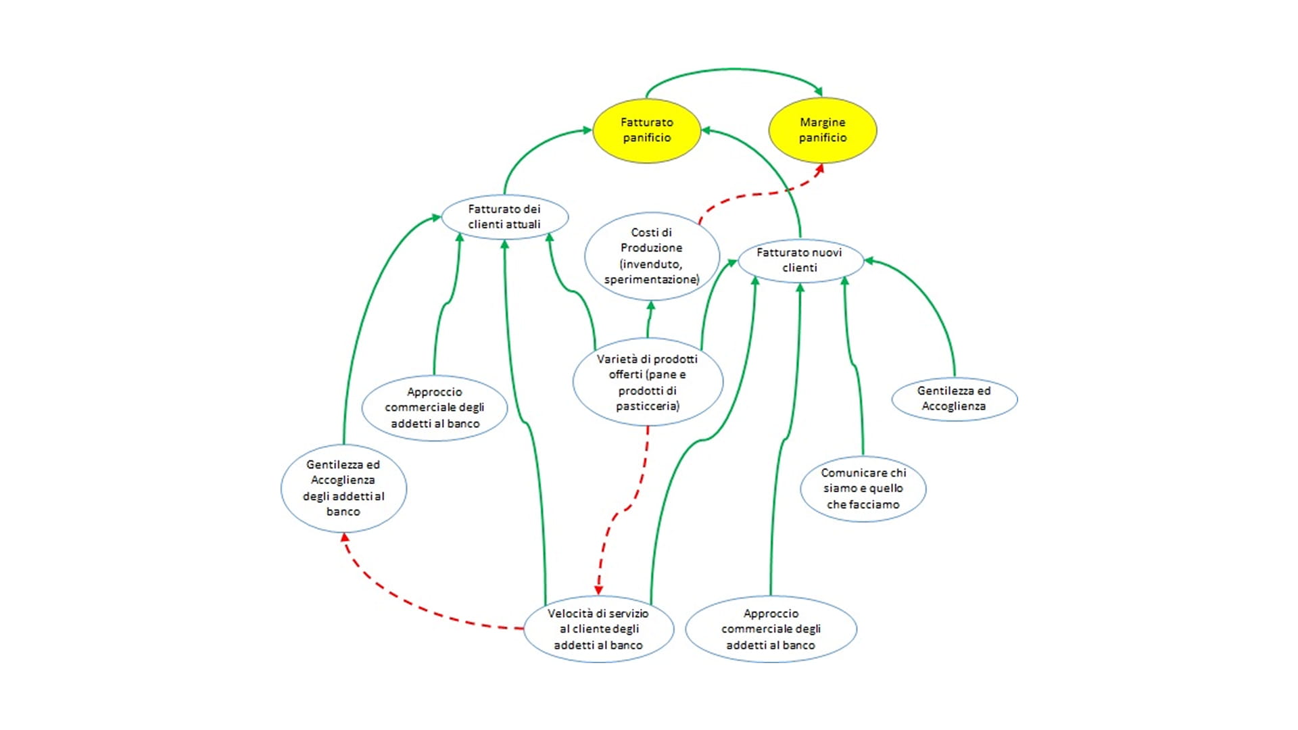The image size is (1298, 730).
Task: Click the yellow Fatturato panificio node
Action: coord(646,130)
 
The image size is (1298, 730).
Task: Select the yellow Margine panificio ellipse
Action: coord(822,130)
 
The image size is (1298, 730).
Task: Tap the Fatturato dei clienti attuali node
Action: coord(504,217)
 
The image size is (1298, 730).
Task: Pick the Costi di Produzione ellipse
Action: coord(651,255)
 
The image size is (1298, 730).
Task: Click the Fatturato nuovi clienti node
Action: coord(800,260)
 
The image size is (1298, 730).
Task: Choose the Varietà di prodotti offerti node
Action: coord(647,382)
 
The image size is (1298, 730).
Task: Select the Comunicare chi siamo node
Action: coord(863,489)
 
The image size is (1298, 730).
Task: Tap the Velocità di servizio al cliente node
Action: coord(598,629)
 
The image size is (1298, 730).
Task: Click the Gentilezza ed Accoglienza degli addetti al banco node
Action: coord(343,488)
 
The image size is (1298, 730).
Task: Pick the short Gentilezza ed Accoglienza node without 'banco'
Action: coord(954,399)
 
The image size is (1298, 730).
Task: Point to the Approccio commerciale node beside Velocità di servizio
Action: coord(771,629)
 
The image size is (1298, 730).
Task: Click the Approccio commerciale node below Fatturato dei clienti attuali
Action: coord(435,408)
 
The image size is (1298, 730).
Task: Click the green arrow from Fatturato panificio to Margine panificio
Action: coord(734,69)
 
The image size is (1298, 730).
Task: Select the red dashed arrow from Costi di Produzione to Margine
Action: coord(757,195)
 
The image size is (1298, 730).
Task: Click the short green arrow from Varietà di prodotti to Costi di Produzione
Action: coord(649,321)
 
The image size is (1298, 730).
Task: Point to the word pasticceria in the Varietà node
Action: coord(647,406)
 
